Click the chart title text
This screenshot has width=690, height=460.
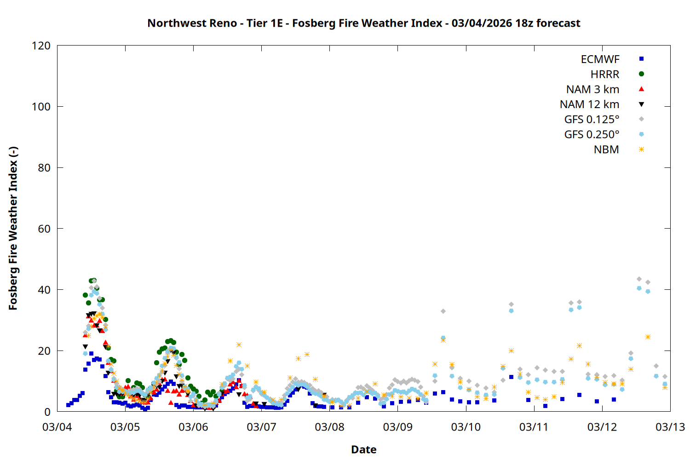point(363,23)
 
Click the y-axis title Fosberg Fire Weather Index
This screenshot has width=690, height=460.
point(13,228)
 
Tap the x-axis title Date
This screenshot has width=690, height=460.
point(363,449)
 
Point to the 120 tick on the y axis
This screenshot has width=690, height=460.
point(41,46)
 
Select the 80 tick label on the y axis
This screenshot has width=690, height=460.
point(44,167)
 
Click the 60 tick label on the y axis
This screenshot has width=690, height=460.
point(44,229)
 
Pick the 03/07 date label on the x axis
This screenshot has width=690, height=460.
point(261,427)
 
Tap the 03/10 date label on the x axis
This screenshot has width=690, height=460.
point(466,427)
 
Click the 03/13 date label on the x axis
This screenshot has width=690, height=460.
point(670,427)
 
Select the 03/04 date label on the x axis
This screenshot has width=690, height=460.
point(57,427)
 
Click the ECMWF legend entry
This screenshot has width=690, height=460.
point(600,59)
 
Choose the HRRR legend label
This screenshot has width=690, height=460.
point(605,75)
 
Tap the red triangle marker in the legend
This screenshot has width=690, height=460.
point(641,89)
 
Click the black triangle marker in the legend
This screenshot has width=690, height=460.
point(641,104)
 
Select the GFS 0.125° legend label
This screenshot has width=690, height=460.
point(592,120)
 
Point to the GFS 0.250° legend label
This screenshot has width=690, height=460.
point(592,135)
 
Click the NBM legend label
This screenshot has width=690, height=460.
point(606,150)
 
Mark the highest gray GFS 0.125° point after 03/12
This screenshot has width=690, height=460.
point(639,279)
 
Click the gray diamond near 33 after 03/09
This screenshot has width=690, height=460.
point(443,311)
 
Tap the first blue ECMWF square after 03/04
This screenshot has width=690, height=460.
point(68,405)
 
